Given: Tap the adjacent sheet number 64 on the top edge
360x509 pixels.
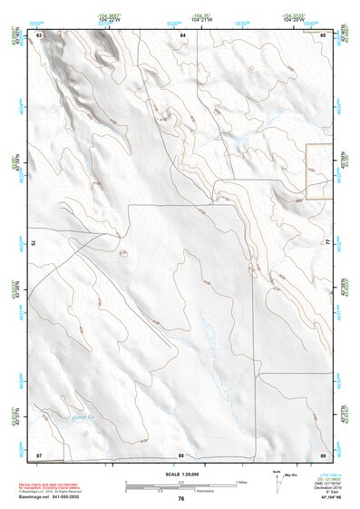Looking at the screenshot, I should click(182, 34).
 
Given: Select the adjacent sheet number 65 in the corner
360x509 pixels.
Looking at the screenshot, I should click(322, 34).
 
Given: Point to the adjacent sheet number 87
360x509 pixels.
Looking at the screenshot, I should click(39, 453).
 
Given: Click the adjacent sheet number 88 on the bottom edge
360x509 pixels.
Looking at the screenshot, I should click(181, 454).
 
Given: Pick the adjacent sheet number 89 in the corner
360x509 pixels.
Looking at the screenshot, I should click(322, 453).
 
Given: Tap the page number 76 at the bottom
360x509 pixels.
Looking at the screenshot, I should click(181, 498).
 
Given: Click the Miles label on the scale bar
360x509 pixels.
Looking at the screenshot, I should click(241, 481).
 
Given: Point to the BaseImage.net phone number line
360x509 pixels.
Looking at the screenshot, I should click(58, 497).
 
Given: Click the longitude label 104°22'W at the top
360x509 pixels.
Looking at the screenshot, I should click(109, 19).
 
